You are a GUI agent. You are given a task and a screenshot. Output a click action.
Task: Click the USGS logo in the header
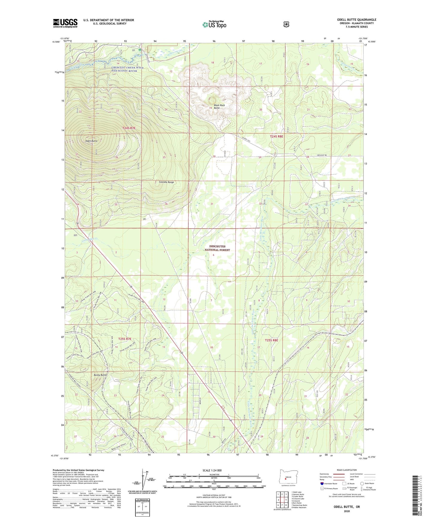pos(65,23)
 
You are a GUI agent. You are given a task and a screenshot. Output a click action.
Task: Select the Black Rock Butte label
pos(219,106)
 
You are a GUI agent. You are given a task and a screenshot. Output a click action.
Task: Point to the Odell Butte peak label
pos(91,141)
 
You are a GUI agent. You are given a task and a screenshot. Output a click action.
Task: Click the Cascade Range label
pos(166,182)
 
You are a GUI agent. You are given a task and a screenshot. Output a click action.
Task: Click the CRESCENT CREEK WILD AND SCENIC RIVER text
pos(127,69)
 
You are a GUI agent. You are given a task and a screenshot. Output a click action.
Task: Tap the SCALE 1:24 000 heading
pos(212,470)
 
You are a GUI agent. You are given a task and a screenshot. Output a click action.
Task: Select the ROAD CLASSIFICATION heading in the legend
pos(346,470)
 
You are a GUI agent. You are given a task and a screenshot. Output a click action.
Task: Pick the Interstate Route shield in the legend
pos(322,483)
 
